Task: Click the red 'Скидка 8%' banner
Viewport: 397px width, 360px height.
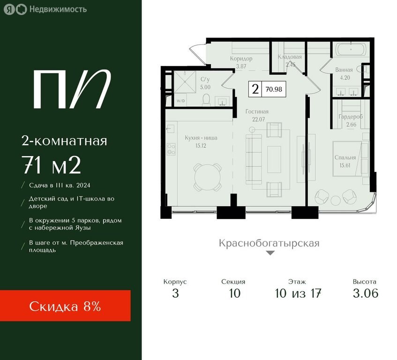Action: tap(65, 306)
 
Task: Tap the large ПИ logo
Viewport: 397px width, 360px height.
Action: tap(72, 89)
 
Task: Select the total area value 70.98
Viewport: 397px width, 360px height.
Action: tap(274, 89)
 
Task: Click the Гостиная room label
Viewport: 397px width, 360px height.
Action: tap(257, 112)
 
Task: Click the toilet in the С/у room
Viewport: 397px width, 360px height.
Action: tap(206, 100)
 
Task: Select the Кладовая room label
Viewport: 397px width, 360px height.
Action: tap(290, 57)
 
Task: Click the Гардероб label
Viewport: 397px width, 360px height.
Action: tap(351, 117)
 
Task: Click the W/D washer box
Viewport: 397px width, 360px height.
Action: tap(180, 101)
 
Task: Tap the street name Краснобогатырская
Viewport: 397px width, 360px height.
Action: tap(269, 243)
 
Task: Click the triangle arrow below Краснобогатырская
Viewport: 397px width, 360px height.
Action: tap(270, 253)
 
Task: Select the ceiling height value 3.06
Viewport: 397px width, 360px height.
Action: tap(365, 293)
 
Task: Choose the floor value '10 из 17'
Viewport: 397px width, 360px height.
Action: tap(298, 293)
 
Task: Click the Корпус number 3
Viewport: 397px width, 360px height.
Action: tap(175, 293)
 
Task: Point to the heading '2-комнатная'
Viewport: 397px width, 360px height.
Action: tap(64, 141)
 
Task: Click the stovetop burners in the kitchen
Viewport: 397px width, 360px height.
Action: tap(171, 149)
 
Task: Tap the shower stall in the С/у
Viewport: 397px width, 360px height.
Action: tap(185, 82)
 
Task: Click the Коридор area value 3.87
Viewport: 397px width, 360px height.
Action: tap(241, 67)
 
